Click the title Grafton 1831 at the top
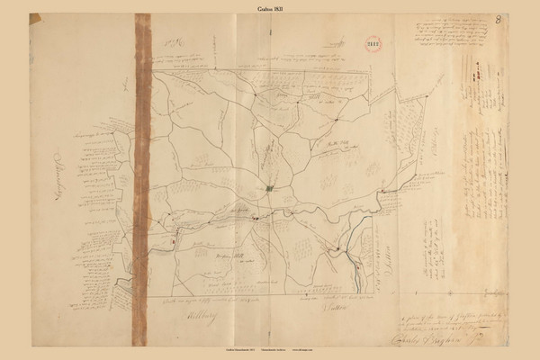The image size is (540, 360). click(269, 6)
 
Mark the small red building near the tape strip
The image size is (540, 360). click(172, 242)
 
